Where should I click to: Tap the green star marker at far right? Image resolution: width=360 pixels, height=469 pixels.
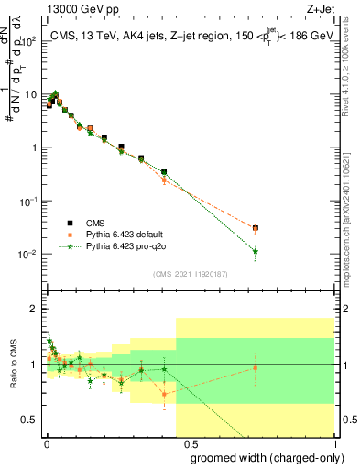(x=256, y=251)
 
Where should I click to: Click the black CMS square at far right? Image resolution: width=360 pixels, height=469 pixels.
(x=256, y=227)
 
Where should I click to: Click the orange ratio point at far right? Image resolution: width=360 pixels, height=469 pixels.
(x=256, y=368)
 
